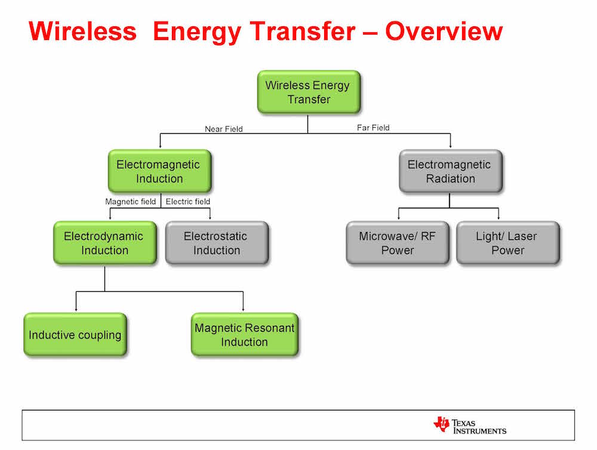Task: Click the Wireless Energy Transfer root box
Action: click(x=309, y=92)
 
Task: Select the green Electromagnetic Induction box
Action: click(x=159, y=171)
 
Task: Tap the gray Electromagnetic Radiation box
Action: click(x=451, y=171)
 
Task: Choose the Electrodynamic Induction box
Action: click(x=104, y=243)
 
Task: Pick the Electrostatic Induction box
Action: click(x=217, y=243)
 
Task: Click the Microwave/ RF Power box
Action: click(x=398, y=243)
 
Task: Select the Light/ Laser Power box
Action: click(x=508, y=243)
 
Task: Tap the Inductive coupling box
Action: click(x=75, y=335)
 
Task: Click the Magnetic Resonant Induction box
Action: click(x=244, y=335)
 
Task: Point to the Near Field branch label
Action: click(x=224, y=129)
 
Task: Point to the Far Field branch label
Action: click(x=373, y=128)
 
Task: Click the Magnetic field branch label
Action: click(x=131, y=201)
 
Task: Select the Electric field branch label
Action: click(x=187, y=201)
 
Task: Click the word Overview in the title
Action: click(x=444, y=31)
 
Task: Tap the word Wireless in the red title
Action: click(x=82, y=31)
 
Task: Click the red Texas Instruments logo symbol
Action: click(x=441, y=424)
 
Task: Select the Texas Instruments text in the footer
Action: click(x=479, y=427)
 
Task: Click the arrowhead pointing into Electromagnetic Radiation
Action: click(x=450, y=146)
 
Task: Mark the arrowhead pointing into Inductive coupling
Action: click(x=76, y=309)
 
